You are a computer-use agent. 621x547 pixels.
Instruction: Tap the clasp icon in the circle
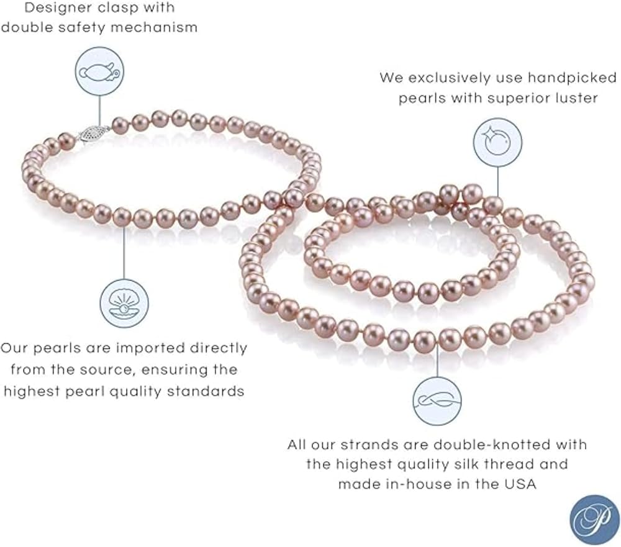(x=99, y=71)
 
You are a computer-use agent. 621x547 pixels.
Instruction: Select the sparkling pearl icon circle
(x=497, y=142)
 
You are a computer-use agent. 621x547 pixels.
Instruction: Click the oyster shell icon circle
(x=124, y=304)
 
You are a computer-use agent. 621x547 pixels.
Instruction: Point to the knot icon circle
(x=437, y=401)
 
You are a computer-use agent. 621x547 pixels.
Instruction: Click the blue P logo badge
(x=594, y=519)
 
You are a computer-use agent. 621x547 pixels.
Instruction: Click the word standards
(x=206, y=391)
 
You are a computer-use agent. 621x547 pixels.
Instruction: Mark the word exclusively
(x=450, y=78)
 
